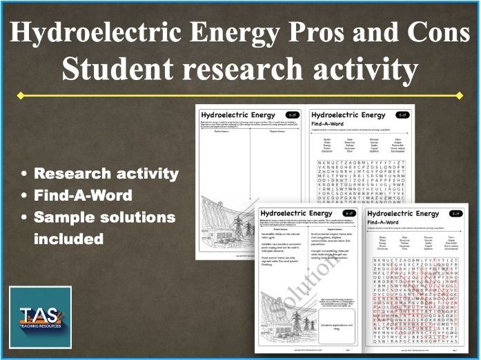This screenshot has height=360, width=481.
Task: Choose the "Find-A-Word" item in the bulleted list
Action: [x=83, y=195]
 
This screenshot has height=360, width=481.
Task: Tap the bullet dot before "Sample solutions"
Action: [x=25, y=218]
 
